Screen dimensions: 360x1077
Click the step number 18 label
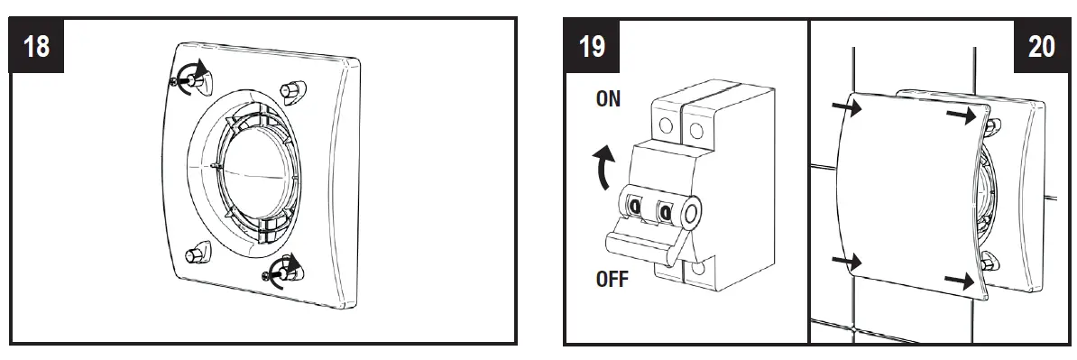pyautogui.click(x=36, y=46)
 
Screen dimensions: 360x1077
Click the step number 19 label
pyautogui.click(x=592, y=46)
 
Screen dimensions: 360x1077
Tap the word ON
pyautogui.click(x=608, y=99)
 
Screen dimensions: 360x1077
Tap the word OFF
pyautogui.click(x=612, y=279)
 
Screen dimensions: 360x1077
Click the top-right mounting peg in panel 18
pyautogui.click(x=294, y=89)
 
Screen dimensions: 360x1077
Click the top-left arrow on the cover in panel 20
pyautogui.click(x=846, y=109)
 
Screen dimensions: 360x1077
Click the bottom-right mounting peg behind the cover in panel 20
pyautogui.click(x=990, y=263)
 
